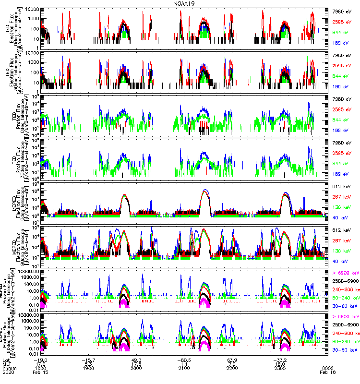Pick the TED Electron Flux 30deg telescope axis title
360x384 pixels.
point(13,71)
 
